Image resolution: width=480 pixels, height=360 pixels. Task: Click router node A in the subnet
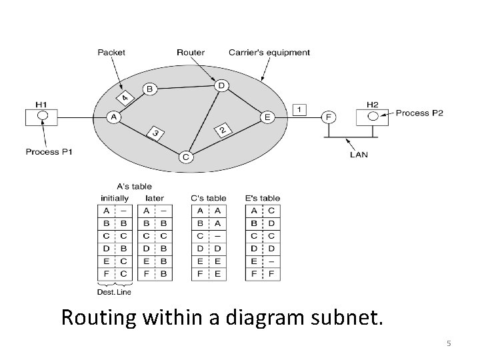coord(113,117)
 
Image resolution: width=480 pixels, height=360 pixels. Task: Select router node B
coord(150,89)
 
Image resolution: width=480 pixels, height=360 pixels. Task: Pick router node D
coord(221,85)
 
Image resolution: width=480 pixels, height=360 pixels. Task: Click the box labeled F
coord(328,116)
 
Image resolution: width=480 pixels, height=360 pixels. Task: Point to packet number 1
coord(301,109)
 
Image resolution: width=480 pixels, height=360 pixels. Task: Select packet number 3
coord(155,133)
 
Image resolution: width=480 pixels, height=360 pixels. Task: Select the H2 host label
coord(373,103)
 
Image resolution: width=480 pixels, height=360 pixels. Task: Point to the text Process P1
coord(49,152)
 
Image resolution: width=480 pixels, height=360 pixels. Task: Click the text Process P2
coord(419,113)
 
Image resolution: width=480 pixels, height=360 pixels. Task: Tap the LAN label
coord(359,155)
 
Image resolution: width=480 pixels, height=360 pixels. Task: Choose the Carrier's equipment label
coord(269,52)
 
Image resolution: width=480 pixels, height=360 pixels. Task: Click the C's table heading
coord(208,198)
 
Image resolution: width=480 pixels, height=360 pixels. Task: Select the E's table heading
coord(262,198)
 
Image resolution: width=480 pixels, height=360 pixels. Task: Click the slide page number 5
coord(449,343)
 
